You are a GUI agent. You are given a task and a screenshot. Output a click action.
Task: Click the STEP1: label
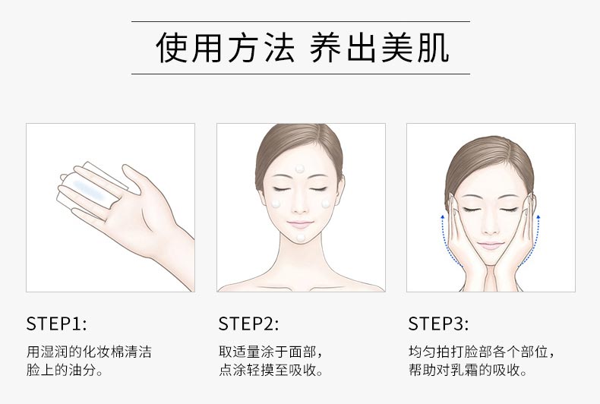pos(56,324)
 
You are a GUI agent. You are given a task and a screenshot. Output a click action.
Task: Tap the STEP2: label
pos(248,324)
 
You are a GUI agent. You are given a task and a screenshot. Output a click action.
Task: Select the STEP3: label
pos(438,324)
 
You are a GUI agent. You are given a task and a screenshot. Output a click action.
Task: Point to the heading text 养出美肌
pos(379,48)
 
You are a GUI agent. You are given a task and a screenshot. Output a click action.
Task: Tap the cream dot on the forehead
pos(301,168)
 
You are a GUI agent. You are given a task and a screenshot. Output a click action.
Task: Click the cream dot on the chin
pos(301,238)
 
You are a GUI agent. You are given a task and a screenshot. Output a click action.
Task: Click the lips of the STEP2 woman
pos(301,223)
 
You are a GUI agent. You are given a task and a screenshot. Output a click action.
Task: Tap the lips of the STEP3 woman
pos(491,245)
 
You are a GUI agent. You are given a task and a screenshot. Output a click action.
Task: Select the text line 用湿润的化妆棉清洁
pos(89,352)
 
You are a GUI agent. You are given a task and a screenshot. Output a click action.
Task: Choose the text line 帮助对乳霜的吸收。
pos(468,371)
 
